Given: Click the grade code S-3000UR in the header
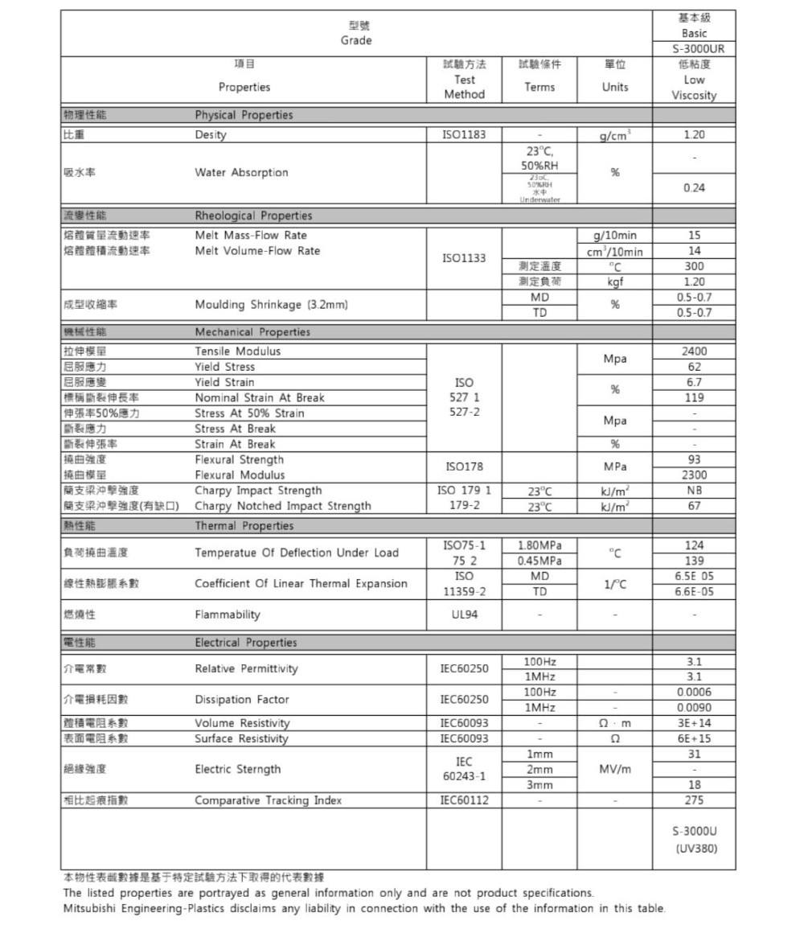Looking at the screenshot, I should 693,49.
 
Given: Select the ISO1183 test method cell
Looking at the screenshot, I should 464,134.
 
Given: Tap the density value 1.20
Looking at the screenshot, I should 693,134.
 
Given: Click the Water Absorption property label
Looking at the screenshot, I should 241,172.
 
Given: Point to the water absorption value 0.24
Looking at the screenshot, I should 693,187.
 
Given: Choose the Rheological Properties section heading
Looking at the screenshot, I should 253,216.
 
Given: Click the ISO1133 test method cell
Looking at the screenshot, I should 464,258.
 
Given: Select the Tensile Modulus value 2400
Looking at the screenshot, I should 693,351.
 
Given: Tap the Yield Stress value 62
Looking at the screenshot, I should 693,367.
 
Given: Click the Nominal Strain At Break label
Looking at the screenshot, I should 260,397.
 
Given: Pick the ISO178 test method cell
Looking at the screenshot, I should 464,467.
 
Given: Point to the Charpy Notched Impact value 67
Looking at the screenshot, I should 693,506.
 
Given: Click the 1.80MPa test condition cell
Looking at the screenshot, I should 539,545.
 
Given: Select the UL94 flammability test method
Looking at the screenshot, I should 464,615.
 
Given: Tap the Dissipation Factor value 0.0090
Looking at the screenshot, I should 693,708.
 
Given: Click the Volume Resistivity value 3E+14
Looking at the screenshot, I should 693,723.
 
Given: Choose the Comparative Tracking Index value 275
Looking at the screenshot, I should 693,800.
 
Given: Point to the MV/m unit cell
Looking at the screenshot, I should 615,769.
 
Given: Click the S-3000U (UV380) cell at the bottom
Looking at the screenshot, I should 693,839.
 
